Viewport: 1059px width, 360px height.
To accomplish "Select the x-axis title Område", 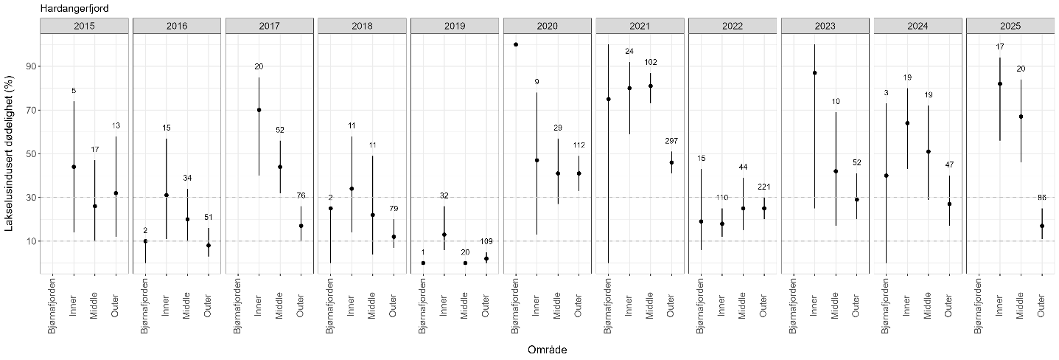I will pos(547,349).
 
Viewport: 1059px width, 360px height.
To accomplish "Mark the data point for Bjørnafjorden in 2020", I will pos(516,44).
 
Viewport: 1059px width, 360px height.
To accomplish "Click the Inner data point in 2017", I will pos(259,110).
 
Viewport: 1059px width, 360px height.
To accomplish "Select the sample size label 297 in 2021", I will pos(671,141).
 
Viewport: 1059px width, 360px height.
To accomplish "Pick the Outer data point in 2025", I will pos(1041,226).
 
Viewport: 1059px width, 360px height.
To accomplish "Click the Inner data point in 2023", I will pos(814,73).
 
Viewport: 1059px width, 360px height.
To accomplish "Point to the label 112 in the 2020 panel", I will pos(579,145).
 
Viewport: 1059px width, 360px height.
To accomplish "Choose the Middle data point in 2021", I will pos(650,86).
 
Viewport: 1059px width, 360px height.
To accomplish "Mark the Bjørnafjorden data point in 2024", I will pos(887,176).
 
